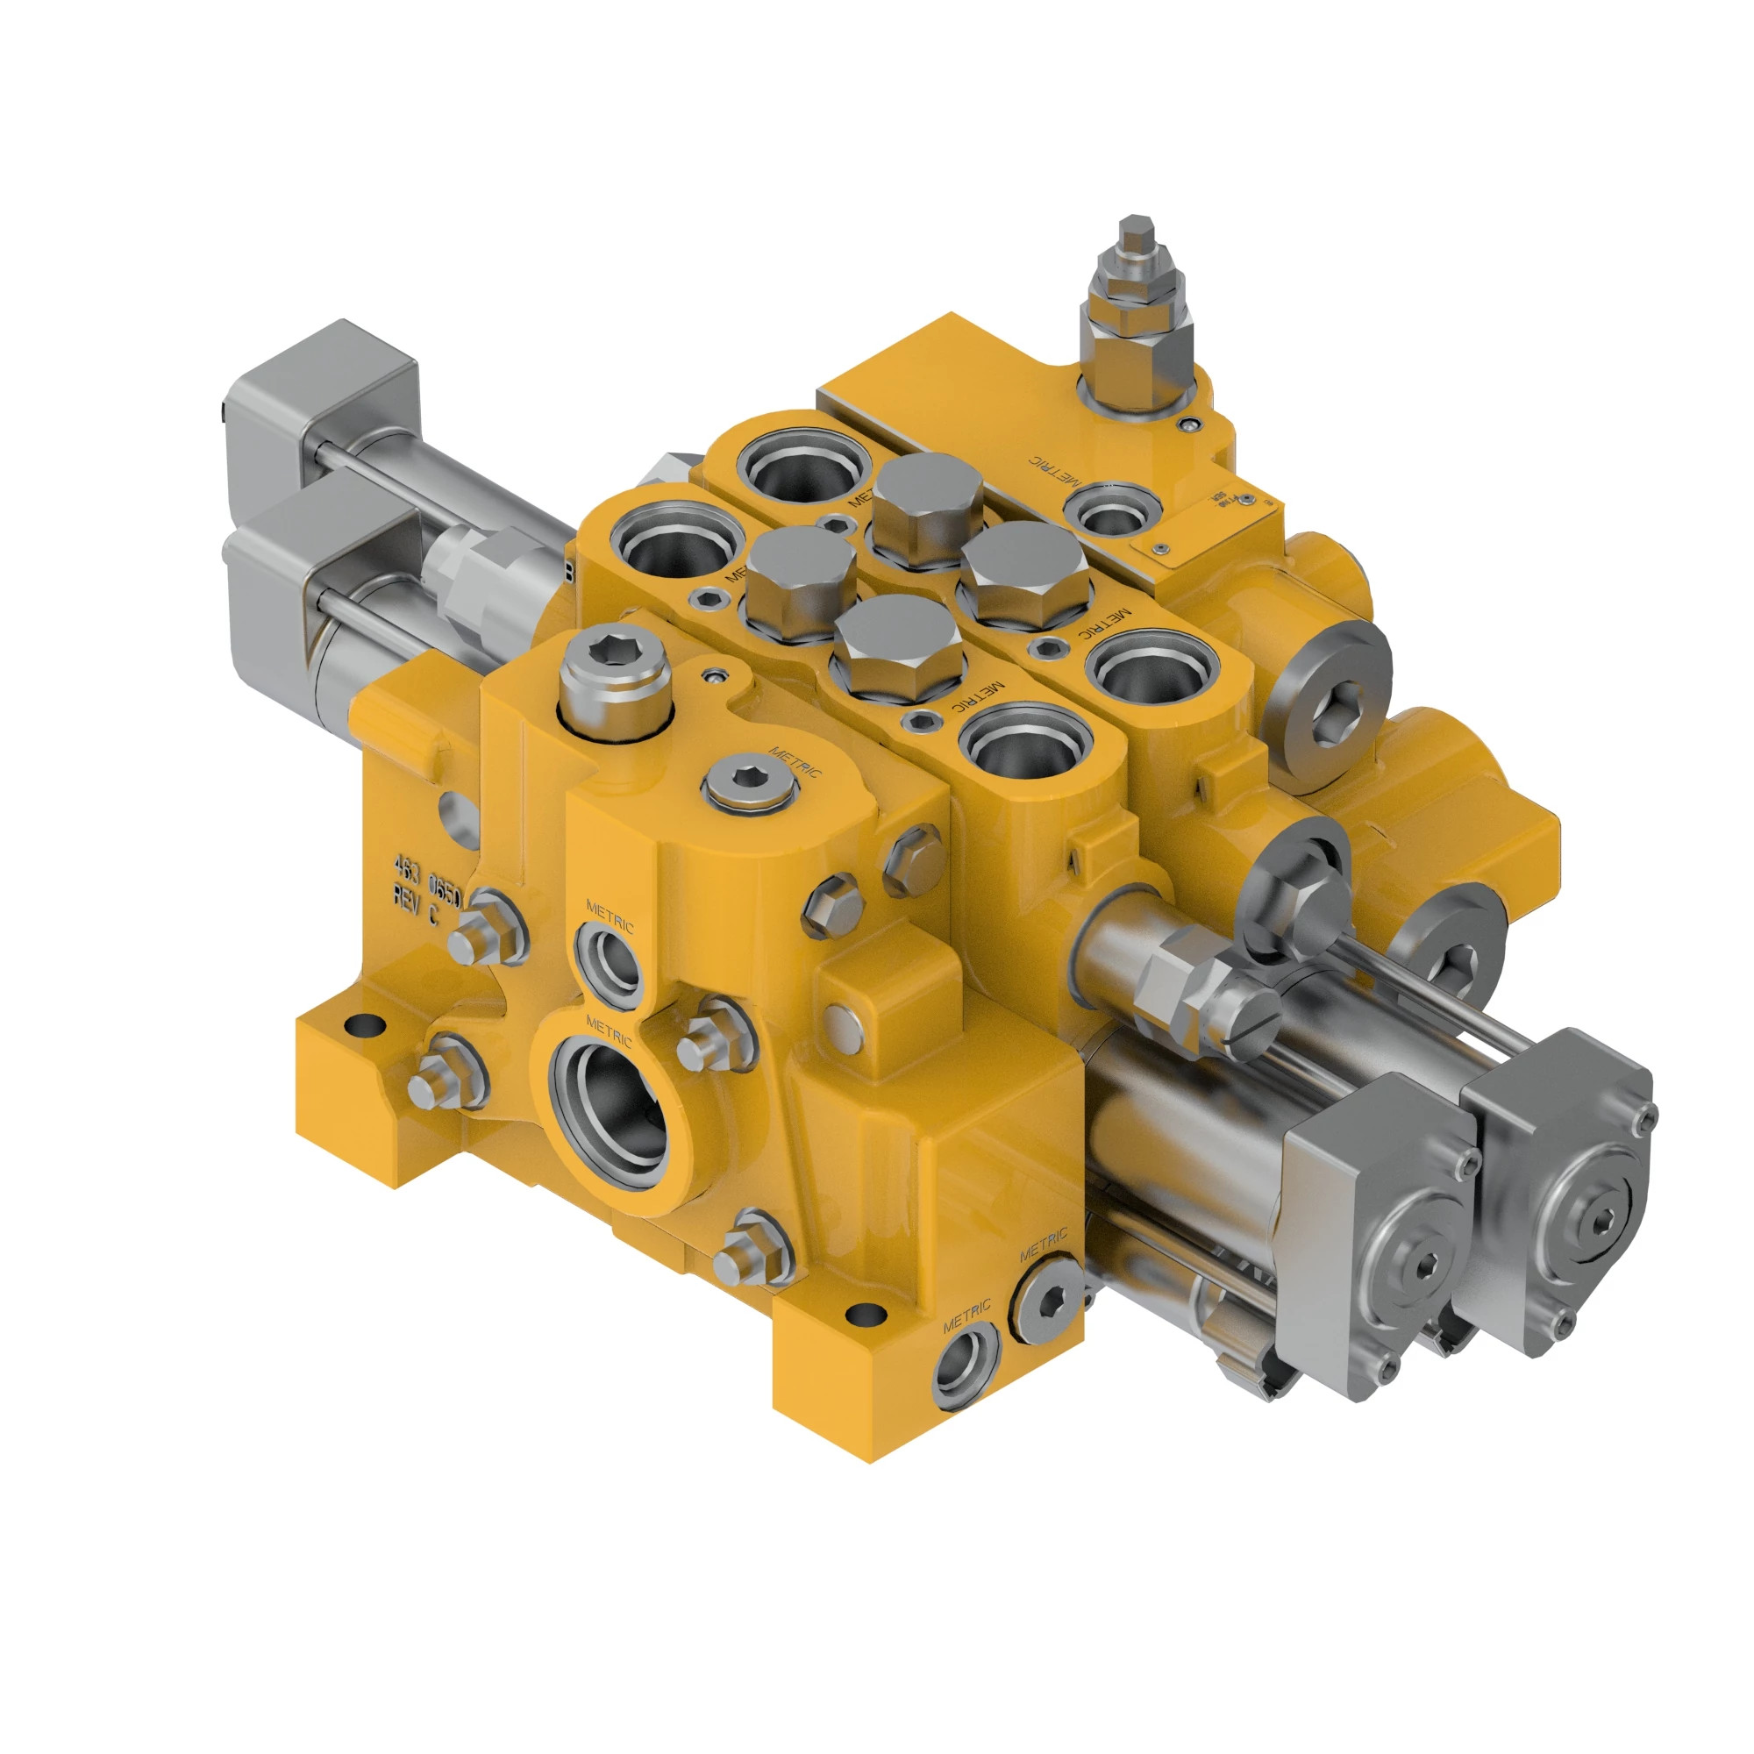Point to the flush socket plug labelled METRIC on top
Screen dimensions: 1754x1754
tap(749, 783)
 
